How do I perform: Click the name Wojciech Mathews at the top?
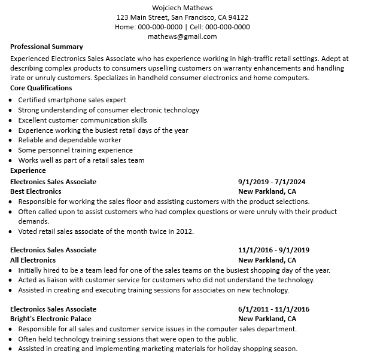[x=183, y=7]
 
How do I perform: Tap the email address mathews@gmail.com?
[x=183, y=36]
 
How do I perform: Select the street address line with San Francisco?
[x=183, y=17]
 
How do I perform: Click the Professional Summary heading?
[x=47, y=47]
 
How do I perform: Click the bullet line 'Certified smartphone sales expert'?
[x=72, y=100]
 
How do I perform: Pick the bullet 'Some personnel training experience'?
[x=75, y=150]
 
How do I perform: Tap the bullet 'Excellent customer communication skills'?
[x=82, y=120]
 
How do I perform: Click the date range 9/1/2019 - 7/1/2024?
[x=272, y=182]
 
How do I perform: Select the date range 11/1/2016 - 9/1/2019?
[x=273, y=250]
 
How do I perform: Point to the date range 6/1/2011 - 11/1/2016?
[x=273, y=309]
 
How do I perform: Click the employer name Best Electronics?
[x=36, y=192]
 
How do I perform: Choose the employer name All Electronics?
[x=33, y=260]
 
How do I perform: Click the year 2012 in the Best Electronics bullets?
[x=184, y=231]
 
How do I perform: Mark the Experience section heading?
[x=28, y=170]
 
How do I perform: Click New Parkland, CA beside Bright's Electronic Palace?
[x=267, y=319]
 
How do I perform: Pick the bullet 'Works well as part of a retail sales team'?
[x=81, y=160]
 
